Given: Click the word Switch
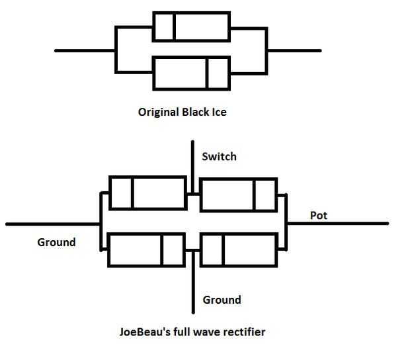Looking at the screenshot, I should pyautogui.click(x=219, y=157).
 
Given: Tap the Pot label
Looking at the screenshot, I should pyautogui.click(x=319, y=215).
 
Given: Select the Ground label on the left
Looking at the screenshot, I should pyautogui.click(x=56, y=242).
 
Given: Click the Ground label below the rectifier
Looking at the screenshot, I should pyautogui.click(x=222, y=300).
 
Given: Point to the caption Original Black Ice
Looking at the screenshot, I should pyautogui.click(x=182, y=112).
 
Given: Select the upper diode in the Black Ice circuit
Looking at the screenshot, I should pyautogui.click(x=191, y=26).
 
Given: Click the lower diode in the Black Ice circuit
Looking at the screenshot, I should pyautogui.click(x=191, y=73).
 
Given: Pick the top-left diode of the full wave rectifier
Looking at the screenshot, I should pyautogui.click(x=147, y=193).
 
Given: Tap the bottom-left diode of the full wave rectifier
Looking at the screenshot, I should pyautogui.click(x=146, y=251).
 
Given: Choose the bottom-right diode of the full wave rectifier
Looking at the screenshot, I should pyautogui.click(x=238, y=251).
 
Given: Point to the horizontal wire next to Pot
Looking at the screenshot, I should pyautogui.click(x=344, y=224).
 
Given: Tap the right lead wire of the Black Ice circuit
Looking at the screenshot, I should pyautogui.click(x=294, y=50).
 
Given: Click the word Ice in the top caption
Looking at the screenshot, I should pyautogui.click(x=218, y=112).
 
